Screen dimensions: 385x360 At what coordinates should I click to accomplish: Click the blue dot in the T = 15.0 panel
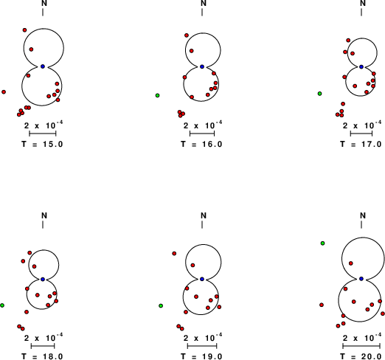(x=43, y=66)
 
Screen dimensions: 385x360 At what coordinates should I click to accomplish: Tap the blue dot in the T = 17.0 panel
(x=361, y=66)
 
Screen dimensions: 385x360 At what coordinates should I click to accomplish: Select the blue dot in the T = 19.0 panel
(x=202, y=279)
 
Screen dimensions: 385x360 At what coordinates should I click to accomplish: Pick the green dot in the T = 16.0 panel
(x=157, y=95)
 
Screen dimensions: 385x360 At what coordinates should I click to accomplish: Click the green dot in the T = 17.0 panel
(x=319, y=94)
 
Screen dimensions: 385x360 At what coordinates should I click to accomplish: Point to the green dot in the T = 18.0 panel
(x=2, y=305)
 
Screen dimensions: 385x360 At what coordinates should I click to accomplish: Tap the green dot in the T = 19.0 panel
(x=161, y=305)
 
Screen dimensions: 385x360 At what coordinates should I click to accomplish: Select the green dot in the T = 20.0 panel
(x=322, y=243)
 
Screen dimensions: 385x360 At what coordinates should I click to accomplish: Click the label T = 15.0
(x=42, y=144)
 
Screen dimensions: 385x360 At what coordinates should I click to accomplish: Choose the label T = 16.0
(x=201, y=144)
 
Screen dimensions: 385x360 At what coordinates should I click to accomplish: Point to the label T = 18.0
(x=42, y=356)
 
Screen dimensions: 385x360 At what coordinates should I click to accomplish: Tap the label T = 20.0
(x=361, y=356)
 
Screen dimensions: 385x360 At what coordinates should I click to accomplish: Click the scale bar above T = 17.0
(x=361, y=134)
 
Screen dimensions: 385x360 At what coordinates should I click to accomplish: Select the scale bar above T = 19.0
(x=202, y=346)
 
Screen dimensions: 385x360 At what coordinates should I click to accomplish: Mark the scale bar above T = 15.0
(x=43, y=134)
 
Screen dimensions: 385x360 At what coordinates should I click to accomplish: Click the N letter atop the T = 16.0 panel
(x=204, y=3)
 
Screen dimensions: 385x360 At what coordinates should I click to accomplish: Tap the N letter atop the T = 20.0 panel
(x=363, y=215)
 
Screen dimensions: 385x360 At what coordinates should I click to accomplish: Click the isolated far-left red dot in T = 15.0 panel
(x=4, y=91)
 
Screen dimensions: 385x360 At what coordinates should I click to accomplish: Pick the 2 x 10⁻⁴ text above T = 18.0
(x=44, y=338)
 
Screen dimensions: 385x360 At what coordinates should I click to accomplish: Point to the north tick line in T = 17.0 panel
(x=361, y=13)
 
